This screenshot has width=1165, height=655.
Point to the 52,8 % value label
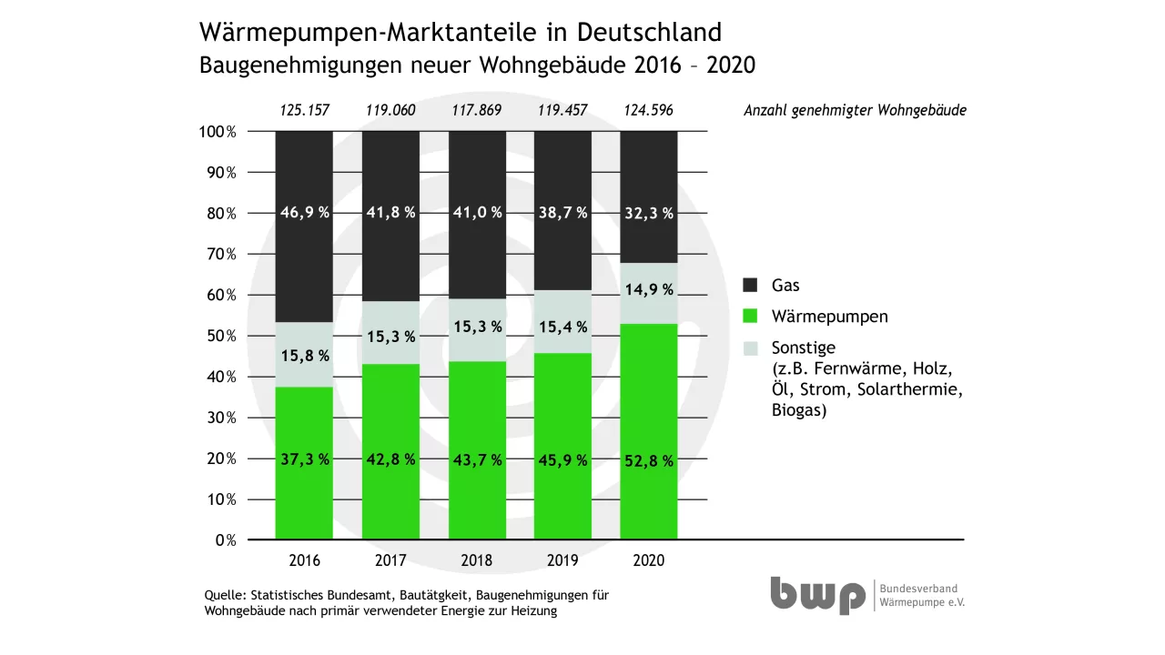click(x=649, y=461)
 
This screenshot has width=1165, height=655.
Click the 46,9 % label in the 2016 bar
click(x=304, y=212)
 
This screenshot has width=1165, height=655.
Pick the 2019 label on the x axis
click(x=562, y=560)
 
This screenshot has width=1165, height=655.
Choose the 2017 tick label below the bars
click(x=390, y=560)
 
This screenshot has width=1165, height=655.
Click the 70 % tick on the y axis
click(x=218, y=254)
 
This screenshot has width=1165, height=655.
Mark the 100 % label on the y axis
click(x=217, y=132)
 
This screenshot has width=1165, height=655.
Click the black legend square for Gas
click(x=751, y=285)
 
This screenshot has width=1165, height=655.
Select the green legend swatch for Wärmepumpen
click(x=751, y=317)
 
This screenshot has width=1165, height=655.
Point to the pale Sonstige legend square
click(x=751, y=348)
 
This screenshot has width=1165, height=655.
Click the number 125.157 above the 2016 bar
click(x=304, y=111)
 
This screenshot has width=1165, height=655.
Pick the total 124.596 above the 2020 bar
click(x=649, y=111)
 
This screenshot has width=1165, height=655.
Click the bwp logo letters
click(x=817, y=596)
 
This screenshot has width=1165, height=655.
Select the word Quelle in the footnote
click(x=224, y=595)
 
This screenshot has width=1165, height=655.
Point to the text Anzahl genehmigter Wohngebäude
click(x=855, y=111)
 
